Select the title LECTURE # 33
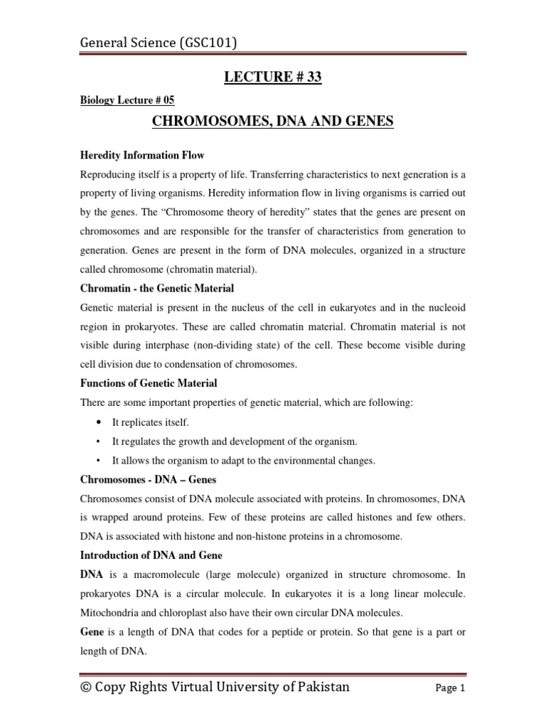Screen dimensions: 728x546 pyautogui.click(x=272, y=77)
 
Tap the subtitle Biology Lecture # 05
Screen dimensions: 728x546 pyautogui.click(x=127, y=100)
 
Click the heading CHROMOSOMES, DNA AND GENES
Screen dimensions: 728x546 pyautogui.click(x=272, y=122)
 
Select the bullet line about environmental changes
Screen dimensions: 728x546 pyautogui.click(x=243, y=461)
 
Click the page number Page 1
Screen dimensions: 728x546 pyautogui.click(x=449, y=688)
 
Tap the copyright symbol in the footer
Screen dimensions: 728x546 pyautogui.click(x=87, y=687)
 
